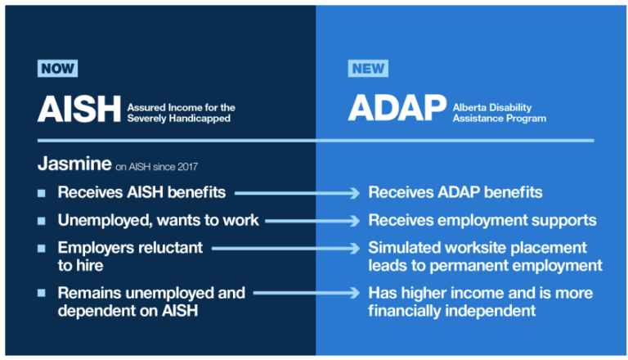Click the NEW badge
point(368,69)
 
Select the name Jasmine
point(74,164)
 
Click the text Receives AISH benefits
point(144,193)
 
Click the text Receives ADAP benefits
point(455,193)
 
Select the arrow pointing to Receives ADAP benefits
point(298,193)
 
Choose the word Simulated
point(406,247)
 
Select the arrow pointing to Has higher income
point(307,292)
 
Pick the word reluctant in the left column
point(168,247)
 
